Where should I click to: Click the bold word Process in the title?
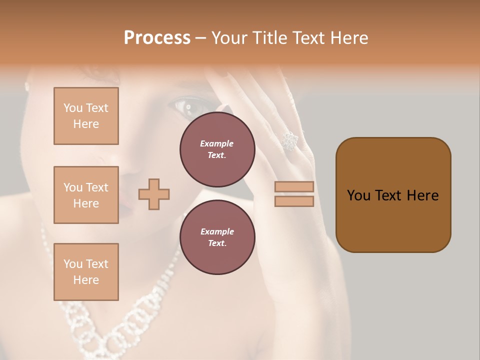point(157,38)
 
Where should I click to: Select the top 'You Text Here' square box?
point(86,116)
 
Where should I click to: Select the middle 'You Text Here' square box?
point(86,195)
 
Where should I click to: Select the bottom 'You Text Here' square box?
point(86,272)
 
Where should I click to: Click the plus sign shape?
point(154,194)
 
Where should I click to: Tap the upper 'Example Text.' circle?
point(217,149)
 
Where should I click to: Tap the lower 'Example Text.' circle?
point(217,237)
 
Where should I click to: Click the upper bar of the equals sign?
point(294,187)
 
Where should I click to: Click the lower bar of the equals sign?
point(294,201)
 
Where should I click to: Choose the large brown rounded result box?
point(393,195)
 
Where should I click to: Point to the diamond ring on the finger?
point(289,141)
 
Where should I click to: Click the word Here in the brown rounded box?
point(422,195)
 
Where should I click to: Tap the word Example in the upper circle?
point(217,143)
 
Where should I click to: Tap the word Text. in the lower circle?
point(217,243)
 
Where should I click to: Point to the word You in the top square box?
point(73,108)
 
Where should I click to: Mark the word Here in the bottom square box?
point(86,280)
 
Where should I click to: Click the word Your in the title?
point(228,38)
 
